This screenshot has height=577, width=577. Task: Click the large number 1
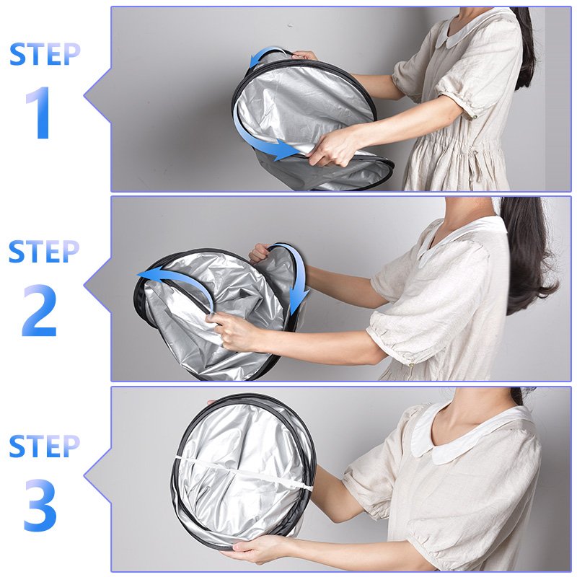coord(39,113)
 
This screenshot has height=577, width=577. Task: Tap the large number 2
coord(40,311)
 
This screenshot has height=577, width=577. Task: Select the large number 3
coord(40,504)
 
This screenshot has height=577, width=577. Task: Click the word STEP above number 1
coord(45,54)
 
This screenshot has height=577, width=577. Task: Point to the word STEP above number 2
coord(44,252)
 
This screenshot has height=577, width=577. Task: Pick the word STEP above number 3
coord(44,446)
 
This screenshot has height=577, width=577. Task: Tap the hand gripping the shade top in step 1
coord(304,56)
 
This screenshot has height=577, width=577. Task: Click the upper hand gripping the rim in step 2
coord(260,252)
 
